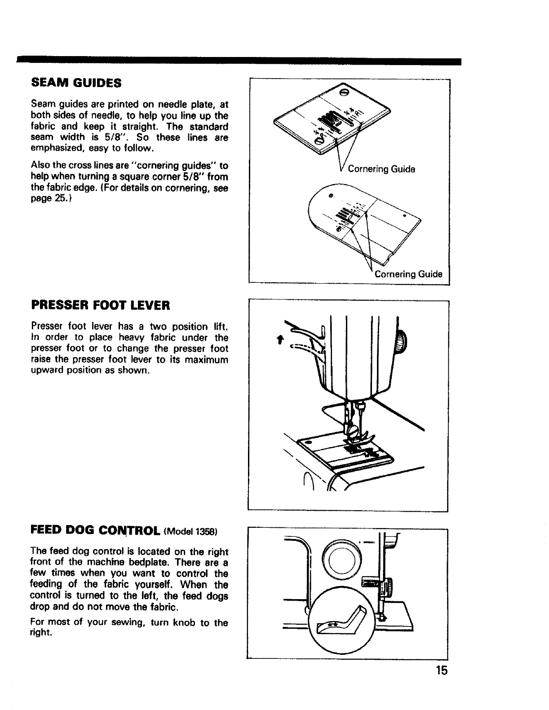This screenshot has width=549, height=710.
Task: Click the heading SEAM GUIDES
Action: tap(76, 83)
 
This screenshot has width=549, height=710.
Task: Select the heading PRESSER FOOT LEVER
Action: tap(101, 306)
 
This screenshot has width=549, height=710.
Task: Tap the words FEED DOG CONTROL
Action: tap(95, 531)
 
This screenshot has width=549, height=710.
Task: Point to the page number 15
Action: tap(441, 671)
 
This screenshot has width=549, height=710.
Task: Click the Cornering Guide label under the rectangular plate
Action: tap(381, 169)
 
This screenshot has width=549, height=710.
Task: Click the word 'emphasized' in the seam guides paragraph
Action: tap(54, 148)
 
